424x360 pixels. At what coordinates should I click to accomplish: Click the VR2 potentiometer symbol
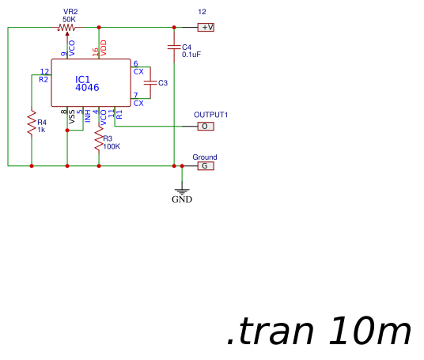click(x=66, y=28)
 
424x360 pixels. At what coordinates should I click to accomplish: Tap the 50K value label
click(x=70, y=18)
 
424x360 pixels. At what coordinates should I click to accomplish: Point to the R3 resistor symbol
click(x=99, y=142)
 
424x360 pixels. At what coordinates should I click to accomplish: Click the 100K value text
click(x=112, y=146)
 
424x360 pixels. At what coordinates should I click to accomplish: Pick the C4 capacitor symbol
click(x=174, y=47)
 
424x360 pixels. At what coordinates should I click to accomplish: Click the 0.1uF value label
click(x=191, y=55)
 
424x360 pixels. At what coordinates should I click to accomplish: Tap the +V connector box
click(x=206, y=28)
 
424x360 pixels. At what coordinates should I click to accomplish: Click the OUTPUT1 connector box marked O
click(x=205, y=126)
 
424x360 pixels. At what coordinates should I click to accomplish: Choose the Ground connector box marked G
click(x=205, y=166)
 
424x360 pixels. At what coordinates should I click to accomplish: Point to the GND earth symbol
click(x=182, y=192)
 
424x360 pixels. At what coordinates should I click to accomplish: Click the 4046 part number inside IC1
click(x=87, y=88)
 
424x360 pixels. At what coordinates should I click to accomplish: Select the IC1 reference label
click(x=83, y=79)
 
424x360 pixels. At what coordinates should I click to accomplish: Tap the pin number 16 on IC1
click(x=96, y=51)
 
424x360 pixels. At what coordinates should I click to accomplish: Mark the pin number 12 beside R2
click(x=44, y=71)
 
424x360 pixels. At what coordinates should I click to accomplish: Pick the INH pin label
click(x=89, y=118)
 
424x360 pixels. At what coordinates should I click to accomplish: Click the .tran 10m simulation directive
click(x=319, y=332)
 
